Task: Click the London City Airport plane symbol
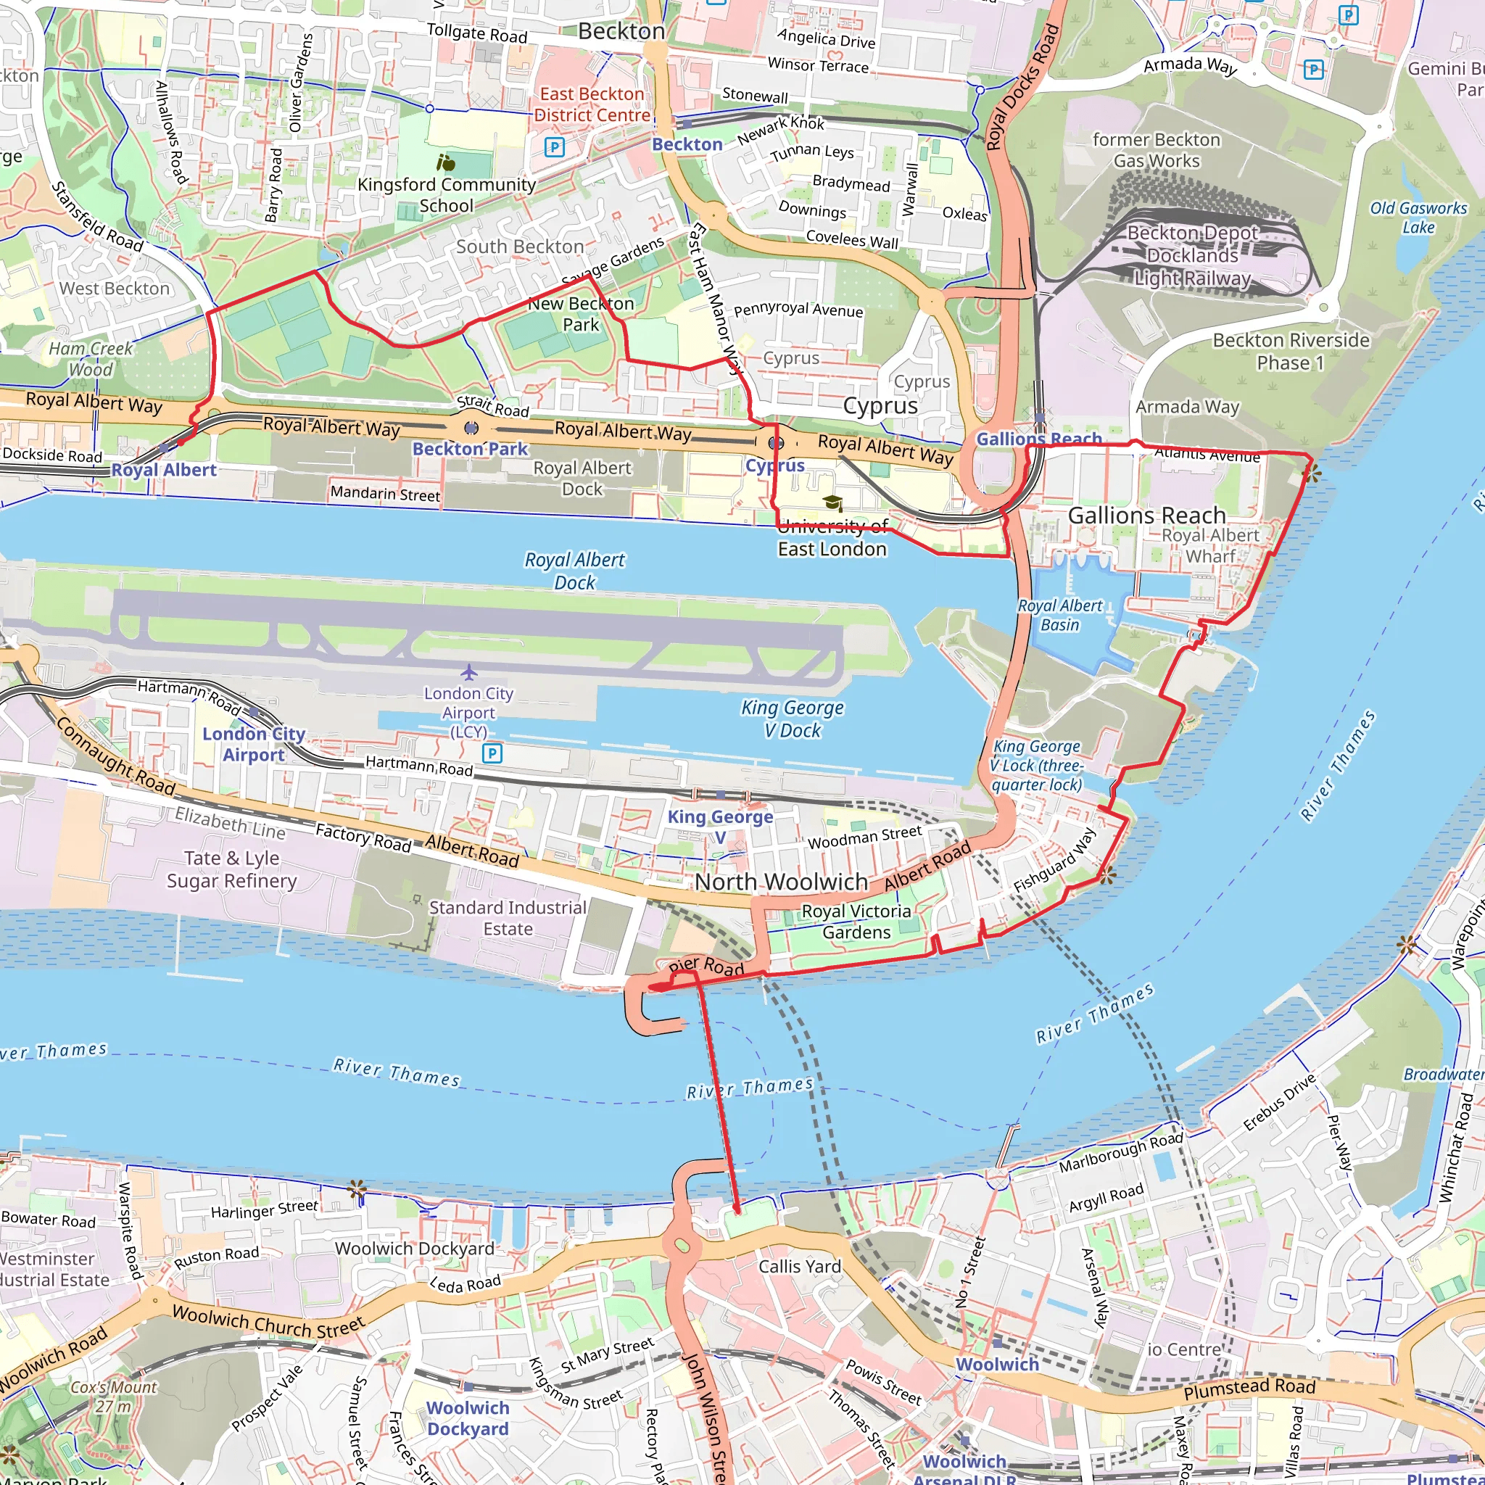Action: pos(470,673)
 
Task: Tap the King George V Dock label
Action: pos(793,719)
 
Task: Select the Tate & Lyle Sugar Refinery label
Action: pos(232,869)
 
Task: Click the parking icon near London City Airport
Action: pos(492,753)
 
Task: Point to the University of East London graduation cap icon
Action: pos(832,503)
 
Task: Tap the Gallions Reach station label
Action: pos(1038,439)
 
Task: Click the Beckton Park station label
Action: pos(470,449)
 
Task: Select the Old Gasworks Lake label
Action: pos(1418,218)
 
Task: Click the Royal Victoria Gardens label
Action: pos(856,922)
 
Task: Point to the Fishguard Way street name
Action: pos(1054,861)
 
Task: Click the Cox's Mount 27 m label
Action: pos(114,1397)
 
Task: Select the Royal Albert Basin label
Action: pos(1060,615)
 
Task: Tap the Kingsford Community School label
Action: pos(447,194)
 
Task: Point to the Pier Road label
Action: pos(706,966)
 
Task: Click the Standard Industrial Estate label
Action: pos(508,918)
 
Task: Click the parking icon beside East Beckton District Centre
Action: pos(554,146)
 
